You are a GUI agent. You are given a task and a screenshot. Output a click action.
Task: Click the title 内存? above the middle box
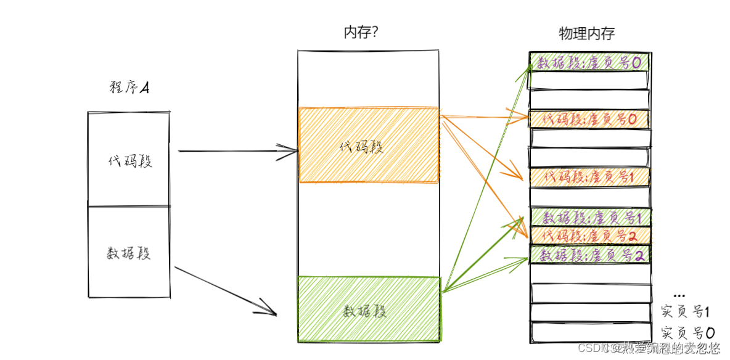click(361, 33)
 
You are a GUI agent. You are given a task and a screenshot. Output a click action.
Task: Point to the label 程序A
click(129, 88)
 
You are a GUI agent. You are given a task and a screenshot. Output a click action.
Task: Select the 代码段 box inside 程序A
click(129, 160)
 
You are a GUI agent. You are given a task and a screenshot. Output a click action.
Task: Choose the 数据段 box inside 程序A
click(129, 252)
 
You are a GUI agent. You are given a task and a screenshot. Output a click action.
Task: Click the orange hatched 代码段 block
click(368, 145)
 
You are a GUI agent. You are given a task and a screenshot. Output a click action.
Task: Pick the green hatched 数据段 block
click(368, 309)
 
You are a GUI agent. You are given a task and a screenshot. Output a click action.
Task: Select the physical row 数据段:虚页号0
click(589, 62)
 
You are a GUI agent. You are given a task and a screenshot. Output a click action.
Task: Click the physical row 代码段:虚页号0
click(589, 119)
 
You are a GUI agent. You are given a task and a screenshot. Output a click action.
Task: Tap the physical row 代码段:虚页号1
click(589, 177)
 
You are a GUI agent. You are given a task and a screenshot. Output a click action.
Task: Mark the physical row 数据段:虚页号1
click(589, 218)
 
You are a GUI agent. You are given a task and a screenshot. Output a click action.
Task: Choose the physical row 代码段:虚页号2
click(589, 235)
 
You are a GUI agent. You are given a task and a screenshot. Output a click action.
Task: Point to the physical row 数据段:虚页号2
click(589, 255)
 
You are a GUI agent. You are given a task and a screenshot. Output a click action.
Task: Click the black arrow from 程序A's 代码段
click(234, 150)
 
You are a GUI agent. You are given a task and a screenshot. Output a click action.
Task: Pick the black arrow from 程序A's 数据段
click(225, 290)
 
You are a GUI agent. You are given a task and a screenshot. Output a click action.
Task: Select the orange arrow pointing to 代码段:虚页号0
click(484, 116)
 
